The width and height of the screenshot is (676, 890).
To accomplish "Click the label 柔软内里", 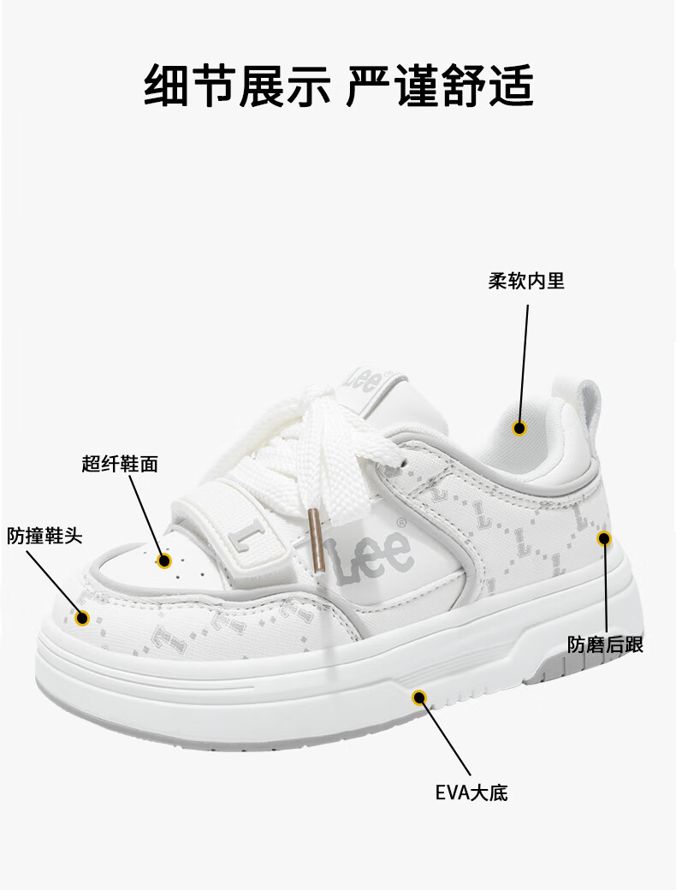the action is click(x=526, y=281).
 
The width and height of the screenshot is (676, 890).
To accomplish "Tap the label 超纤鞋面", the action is click(x=120, y=465).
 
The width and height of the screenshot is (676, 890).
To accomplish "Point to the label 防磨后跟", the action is click(x=605, y=644).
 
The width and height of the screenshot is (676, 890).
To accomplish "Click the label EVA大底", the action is click(x=471, y=792).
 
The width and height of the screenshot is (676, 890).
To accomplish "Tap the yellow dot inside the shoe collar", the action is click(x=519, y=428).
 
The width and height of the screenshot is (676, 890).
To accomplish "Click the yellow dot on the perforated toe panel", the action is click(x=165, y=561).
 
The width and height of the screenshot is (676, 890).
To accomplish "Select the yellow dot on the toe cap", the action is click(x=83, y=618).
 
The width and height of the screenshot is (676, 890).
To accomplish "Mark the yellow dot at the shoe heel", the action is click(x=604, y=538).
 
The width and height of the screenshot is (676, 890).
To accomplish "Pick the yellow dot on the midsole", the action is click(x=419, y=697).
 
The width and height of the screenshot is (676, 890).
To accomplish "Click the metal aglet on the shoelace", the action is click(x=315, y=540).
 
